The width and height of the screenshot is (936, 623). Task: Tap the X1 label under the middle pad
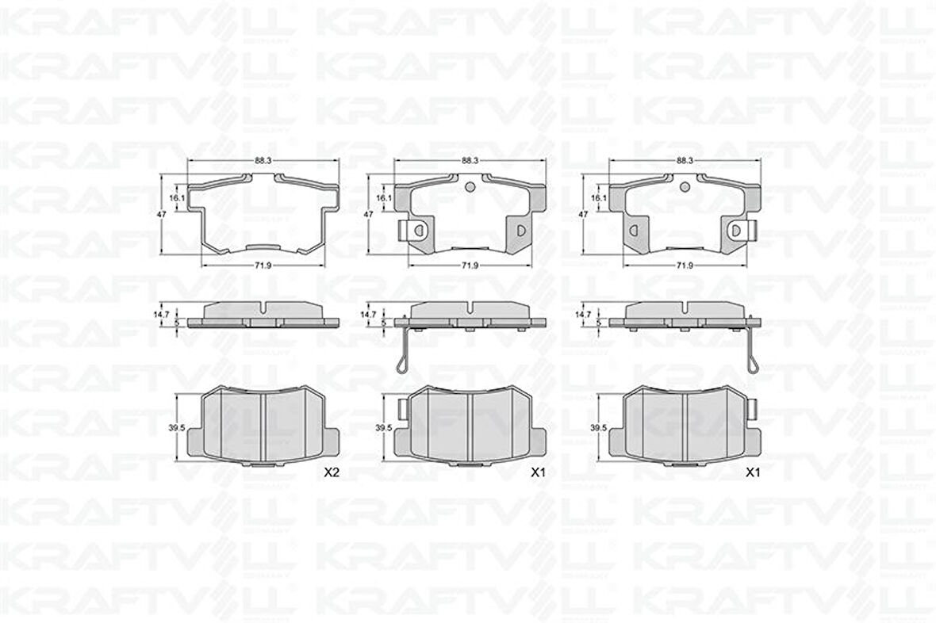pyautogui.click(x=539, y=473)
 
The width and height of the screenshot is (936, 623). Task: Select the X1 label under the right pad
pyautogui.click(x=753, y=473)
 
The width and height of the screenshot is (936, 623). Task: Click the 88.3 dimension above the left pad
pyautogui.click(x=263, y=160)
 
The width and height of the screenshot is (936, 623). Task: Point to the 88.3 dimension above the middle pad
pyautogui.click(x=470, y=160)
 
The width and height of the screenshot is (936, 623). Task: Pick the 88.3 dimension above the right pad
pyautogui.click(x=685, y=160)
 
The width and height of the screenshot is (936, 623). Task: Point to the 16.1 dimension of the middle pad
pyautogui.click(x=382, y=198)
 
